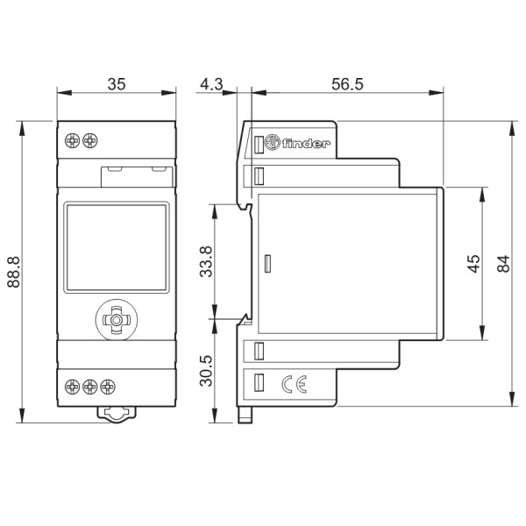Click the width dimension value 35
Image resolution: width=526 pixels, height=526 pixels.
116,84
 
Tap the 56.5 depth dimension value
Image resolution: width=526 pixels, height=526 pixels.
347,84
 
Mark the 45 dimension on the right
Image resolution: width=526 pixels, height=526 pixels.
473,264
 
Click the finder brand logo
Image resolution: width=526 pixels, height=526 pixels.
298,143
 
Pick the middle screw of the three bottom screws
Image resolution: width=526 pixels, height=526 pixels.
90,385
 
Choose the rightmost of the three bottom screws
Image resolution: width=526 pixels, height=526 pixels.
107,385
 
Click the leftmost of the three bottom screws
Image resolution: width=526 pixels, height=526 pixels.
73,385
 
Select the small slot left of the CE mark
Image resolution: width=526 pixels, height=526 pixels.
259,383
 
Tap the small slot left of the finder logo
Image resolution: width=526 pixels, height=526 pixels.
259,143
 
